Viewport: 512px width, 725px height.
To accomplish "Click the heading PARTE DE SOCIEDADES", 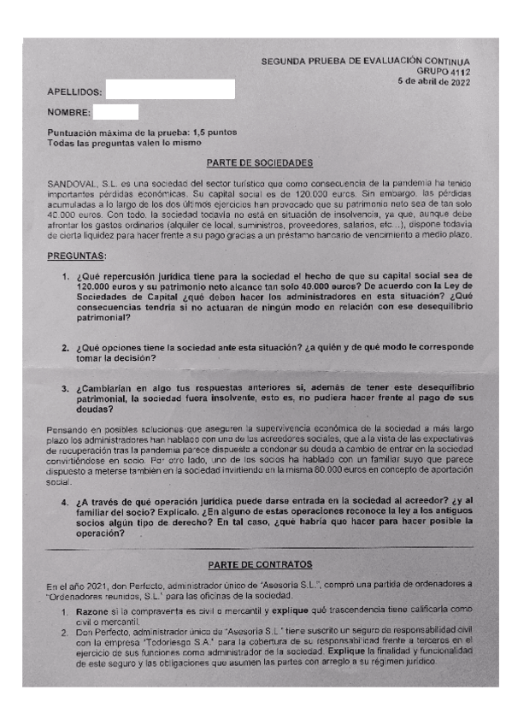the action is point(260,162).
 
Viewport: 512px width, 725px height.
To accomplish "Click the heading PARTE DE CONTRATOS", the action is point(260,564).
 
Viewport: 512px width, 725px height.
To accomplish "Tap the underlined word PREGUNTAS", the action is point(77,256).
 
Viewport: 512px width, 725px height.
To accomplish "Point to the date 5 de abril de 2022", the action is point(433,83).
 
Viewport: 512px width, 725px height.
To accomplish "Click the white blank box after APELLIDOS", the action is point(169,89).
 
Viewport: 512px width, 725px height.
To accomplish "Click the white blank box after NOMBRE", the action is point(115,111).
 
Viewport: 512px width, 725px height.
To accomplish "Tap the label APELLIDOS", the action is point(75,91).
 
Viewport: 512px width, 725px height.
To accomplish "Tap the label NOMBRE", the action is point(68,112).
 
